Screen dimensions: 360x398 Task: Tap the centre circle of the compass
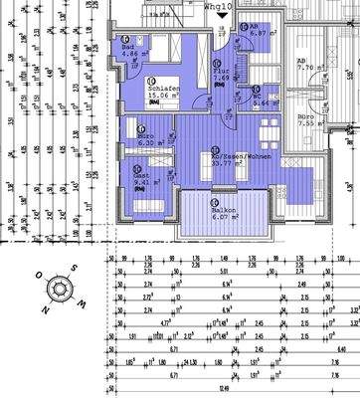point(60,288)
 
